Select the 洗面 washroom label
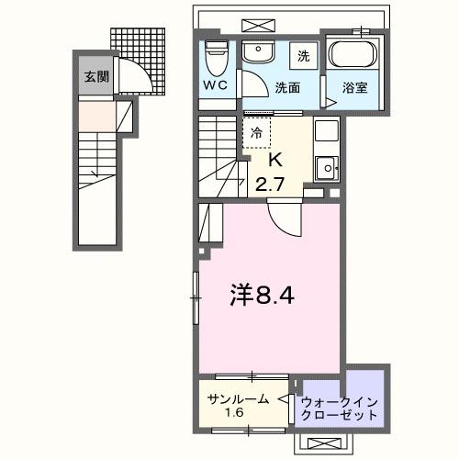click(x=289, y=88)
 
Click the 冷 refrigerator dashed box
click(x=258, y=132)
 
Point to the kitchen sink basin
click(x=327, y=167)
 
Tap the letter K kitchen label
click(x=273, y=159)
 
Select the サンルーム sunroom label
click(x=238, y=399)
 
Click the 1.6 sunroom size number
click(x=237, y=414)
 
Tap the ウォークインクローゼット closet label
click(x=339, y=408)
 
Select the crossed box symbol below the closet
click(x=325, y=443)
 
